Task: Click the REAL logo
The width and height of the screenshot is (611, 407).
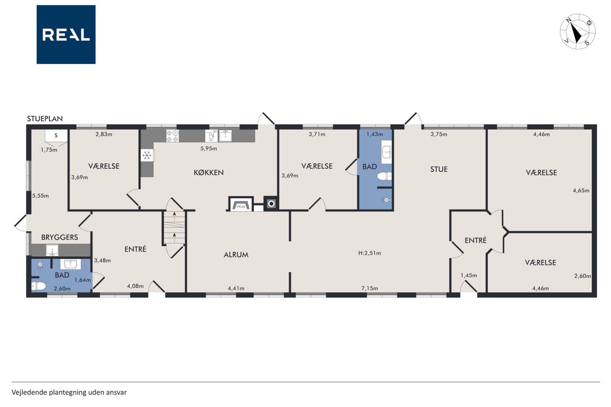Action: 66,34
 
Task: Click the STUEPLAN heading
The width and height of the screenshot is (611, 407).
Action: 45,119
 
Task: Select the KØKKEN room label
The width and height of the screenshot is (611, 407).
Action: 209,172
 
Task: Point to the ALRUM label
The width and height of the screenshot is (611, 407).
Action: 236,255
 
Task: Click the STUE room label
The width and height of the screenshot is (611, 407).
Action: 439,169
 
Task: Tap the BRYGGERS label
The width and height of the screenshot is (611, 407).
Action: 60,237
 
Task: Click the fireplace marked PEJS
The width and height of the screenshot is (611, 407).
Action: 241,204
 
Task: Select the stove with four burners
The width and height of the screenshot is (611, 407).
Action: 172,136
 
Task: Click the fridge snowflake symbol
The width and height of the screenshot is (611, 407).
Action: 147,156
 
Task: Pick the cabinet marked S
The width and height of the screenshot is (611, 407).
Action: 56,136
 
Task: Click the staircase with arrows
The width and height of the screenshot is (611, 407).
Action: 174,227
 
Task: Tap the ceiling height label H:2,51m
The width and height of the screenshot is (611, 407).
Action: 369,253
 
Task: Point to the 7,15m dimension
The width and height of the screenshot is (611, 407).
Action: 369,288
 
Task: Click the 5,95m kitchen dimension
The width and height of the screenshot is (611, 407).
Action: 209,148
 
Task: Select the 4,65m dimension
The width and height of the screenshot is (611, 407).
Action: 581,190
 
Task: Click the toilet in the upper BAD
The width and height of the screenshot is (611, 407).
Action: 385,177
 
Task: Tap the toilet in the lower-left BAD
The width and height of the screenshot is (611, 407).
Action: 39,286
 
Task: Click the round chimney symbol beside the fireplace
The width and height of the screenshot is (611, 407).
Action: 271,203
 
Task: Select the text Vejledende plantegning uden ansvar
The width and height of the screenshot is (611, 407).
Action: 69,392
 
